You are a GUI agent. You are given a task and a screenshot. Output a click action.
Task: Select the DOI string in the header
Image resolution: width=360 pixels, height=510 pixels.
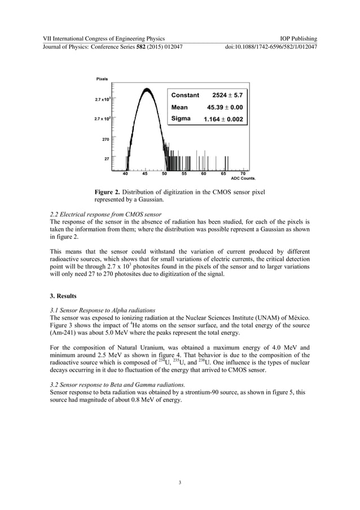tap(271, 46)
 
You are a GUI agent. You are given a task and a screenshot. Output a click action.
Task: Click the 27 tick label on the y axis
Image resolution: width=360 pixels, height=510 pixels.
tap(107, 159)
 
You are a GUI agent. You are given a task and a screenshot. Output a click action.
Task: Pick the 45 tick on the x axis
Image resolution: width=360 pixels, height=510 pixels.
tap(145, 174)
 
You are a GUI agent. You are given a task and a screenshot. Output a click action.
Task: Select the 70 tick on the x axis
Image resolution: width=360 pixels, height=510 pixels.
tap(243, 174)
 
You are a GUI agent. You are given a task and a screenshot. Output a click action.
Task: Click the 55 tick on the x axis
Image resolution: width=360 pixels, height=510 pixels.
tap(184, 174)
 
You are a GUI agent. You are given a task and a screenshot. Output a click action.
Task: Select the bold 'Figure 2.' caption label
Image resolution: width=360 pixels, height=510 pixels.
tap(109, 193)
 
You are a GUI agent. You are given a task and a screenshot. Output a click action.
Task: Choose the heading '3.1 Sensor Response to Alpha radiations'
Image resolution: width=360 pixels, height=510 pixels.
tap(99, 310)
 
